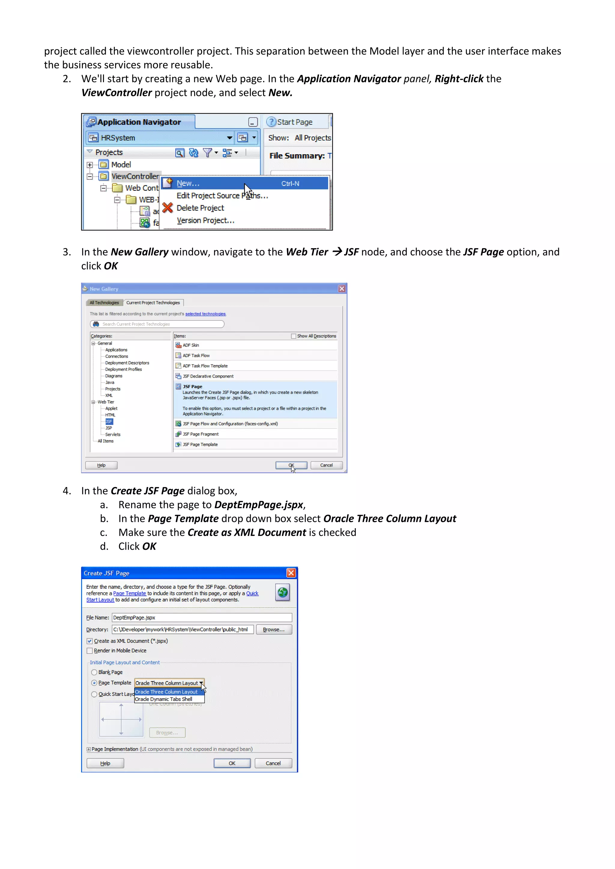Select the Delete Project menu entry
click(x=200, y=208)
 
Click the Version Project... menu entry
click(x=205, y=221)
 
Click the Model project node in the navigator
click(x=121, y=165)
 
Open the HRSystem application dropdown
click(x=229, y=138)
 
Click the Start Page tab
click(x=294, y=122)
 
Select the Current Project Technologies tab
click(x=153, y=303)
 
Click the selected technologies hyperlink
click(x=205, y=314)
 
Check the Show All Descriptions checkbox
click(x=293, y=336)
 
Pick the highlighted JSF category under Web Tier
click(x=109, y=422)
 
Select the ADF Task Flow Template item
click(x=205, y=366)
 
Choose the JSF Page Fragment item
click(x=200, y=434)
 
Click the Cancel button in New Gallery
click(x=326, y=465)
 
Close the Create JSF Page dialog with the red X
click(x=291, y=573)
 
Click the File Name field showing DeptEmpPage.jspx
click(x=202, y=618)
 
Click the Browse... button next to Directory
click(x=274, y=630)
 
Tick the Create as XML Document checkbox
click(x=90, y=641)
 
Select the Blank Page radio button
click(x=94, y=672)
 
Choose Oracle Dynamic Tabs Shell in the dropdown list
click(x=164, y=699)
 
